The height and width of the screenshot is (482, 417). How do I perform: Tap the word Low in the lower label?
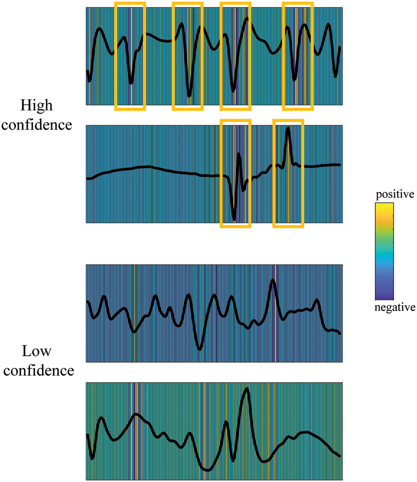pos(36,352)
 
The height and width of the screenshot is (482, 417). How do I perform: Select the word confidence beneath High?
pos(36,125)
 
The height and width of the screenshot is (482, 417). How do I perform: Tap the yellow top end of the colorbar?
pos(384,206)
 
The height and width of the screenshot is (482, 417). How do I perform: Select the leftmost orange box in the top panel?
pos(130,56)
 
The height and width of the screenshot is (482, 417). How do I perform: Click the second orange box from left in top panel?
pos(188,56)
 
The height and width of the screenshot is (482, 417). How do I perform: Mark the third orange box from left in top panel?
pos(235,56)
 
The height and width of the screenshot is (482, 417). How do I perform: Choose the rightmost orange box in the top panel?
pos(298,56)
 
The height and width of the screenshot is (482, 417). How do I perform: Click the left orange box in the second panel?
pos(235,174)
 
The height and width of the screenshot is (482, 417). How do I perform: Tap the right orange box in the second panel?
pos(288,174)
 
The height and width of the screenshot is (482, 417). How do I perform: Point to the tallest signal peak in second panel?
pos(288,128)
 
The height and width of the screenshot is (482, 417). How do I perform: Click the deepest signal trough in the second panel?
pos(234,219)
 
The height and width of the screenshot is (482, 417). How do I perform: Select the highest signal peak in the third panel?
pos(273,280)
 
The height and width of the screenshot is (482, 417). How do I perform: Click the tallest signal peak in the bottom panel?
pos(247,389)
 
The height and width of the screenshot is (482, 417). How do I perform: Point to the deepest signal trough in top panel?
pos(189,96)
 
